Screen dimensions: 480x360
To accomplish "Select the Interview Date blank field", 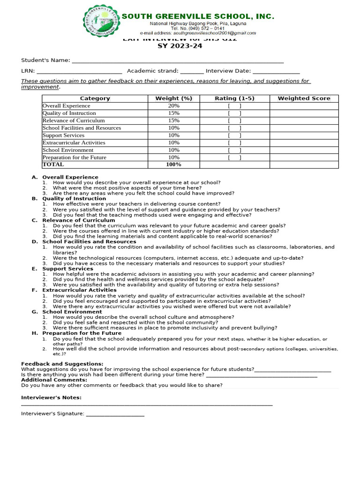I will click(x=276, y=72).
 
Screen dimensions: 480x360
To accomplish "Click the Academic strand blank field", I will click(x=192, y=72).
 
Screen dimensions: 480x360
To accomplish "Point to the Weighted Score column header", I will click(x=304, y=98).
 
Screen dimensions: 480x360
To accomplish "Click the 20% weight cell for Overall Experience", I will click(x=173, y=106).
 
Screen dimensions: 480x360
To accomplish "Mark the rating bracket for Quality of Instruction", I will click(x=234, y=113).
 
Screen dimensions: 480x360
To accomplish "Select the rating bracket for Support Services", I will click(x=234, y=135).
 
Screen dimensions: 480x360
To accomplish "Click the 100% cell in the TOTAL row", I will click(x=173, y=165).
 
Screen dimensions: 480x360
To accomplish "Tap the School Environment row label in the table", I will click(x=68, y=150).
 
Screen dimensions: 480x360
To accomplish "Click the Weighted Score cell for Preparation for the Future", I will click(x=304, y=157).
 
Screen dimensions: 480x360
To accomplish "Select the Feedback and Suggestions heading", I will click(x=62, y=364).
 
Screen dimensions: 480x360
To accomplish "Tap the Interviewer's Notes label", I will click(x=51, y=397).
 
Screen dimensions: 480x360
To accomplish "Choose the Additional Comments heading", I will click(x=54, y=380).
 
